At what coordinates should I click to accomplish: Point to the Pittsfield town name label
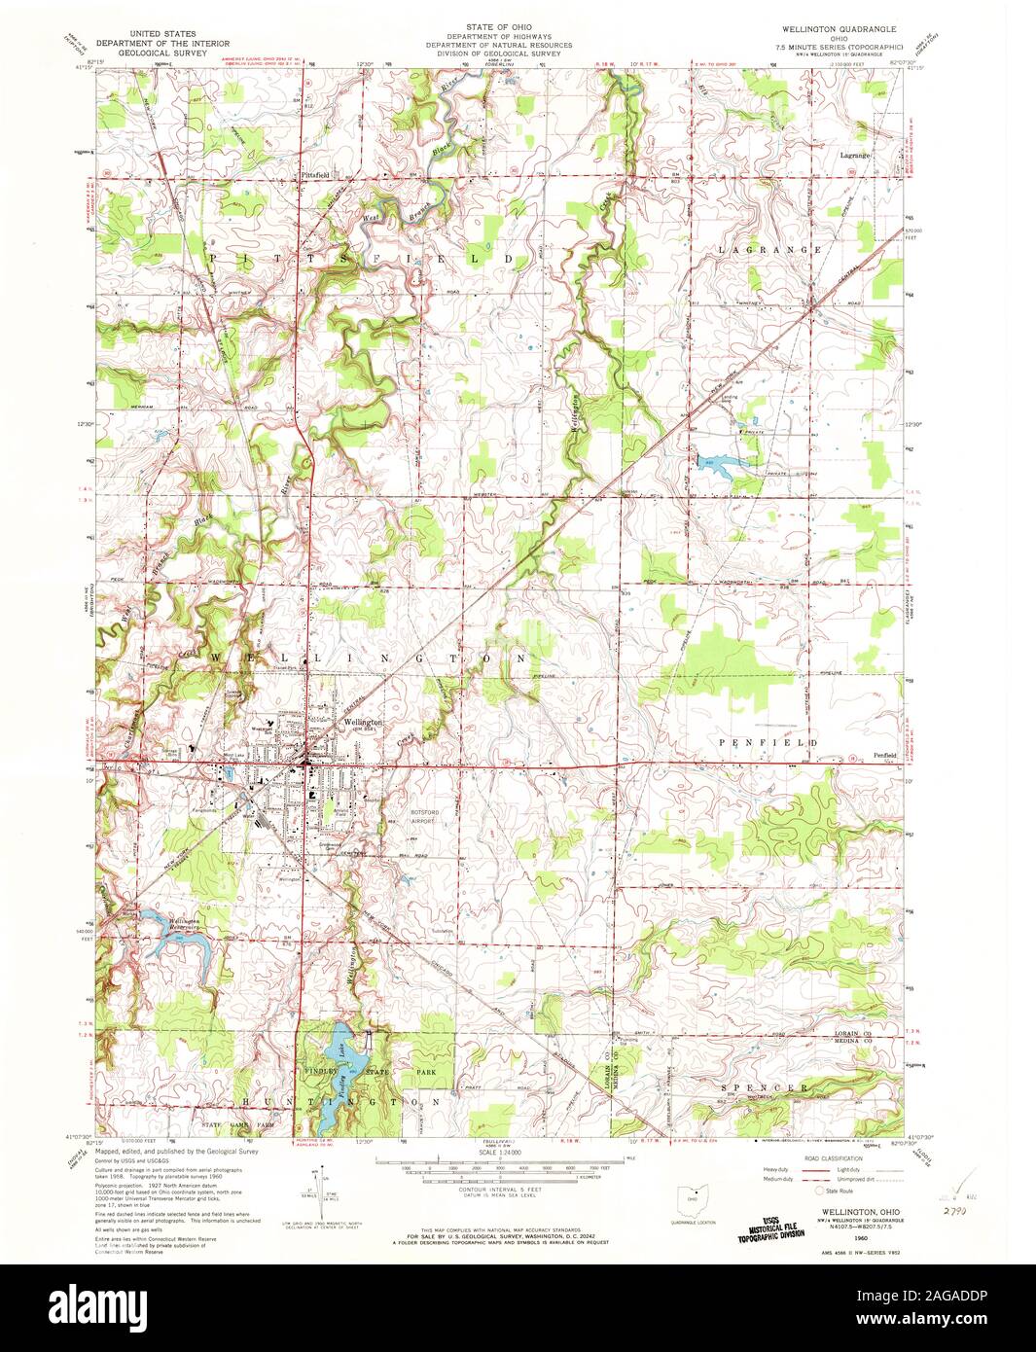pos(316,174)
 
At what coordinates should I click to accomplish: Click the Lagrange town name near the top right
pos(855,156)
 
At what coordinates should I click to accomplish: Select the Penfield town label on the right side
pos(883,756)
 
